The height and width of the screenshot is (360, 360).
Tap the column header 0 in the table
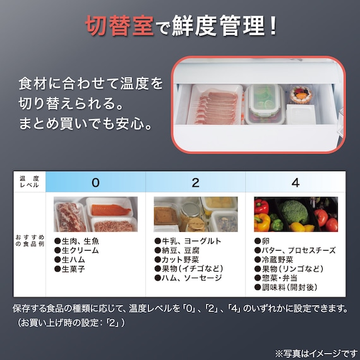pos(95,183)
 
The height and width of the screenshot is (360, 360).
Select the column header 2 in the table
pos(195,183)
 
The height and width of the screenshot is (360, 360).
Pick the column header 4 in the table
pos(295,183)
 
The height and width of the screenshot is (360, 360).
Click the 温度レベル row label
pos(30,183)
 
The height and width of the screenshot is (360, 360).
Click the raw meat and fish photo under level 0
pos(95,214)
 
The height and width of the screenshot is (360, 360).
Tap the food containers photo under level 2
pos(195,214)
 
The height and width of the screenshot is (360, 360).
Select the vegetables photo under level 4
pos(295,214)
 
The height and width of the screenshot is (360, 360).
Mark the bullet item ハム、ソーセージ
pos(188,277)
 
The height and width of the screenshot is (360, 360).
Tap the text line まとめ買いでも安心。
pos(85,120)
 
